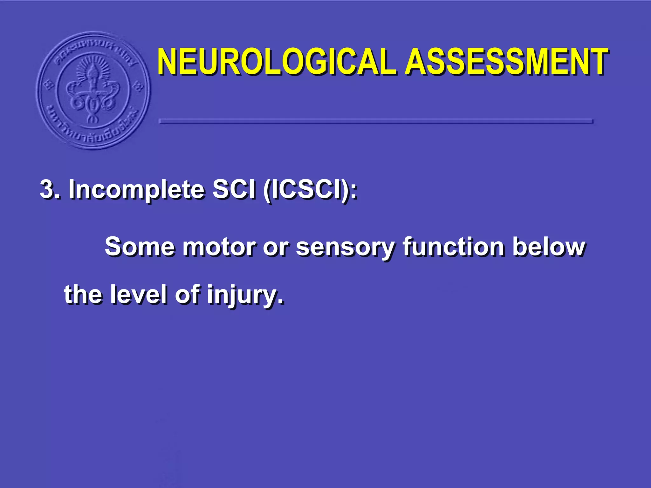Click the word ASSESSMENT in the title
507,62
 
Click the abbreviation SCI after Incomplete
234,190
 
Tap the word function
453,247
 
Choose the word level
138,295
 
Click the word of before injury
187,295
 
